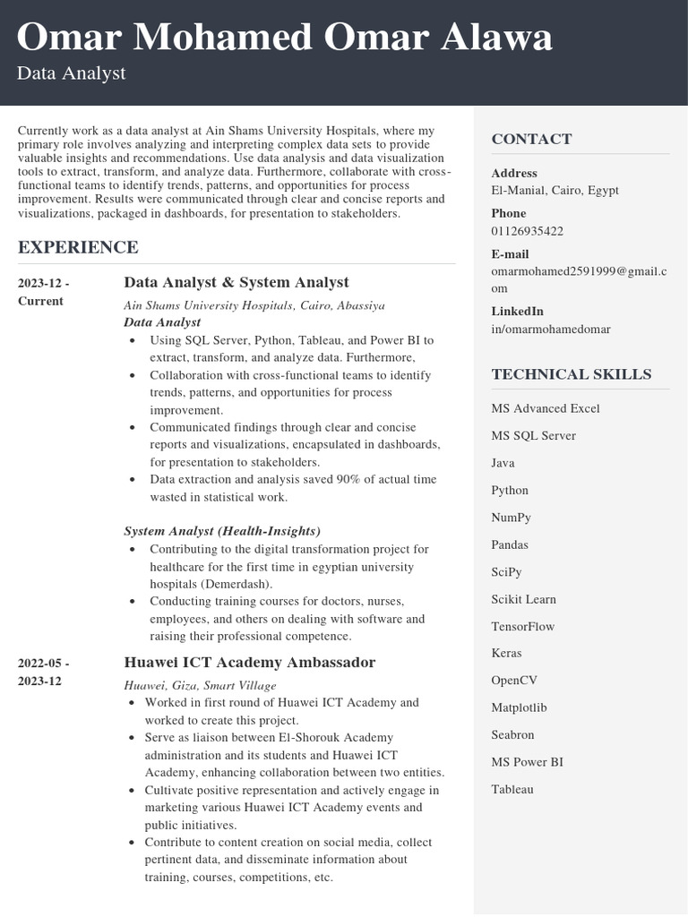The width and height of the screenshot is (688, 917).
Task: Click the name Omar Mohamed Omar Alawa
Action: coord(284,38)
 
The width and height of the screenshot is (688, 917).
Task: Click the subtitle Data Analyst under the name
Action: coord(71,73)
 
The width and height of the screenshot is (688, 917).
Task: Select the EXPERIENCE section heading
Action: coord(78,247)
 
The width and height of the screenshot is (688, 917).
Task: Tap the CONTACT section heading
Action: coord(531,139)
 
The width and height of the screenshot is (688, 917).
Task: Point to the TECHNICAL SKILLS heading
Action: coord(571,374)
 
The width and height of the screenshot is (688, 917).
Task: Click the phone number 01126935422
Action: coord(527,231)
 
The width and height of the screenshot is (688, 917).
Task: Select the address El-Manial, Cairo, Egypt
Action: coord(555,190)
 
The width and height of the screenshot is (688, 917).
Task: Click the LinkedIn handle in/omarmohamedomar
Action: coord(550,329)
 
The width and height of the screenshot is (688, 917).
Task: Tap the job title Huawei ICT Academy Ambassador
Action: coord(249,663)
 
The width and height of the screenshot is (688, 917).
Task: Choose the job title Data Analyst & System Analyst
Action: coord(236,282)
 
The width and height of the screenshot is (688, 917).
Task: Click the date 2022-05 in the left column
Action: coord(43,664)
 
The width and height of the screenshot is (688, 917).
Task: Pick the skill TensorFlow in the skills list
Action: coord(522,626)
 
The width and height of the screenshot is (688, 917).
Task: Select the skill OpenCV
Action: coord(514,681)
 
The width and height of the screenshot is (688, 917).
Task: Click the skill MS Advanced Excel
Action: coord(545,408)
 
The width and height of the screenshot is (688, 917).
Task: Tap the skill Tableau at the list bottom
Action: coord(512,789)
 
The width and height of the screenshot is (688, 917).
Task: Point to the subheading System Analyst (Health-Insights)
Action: coord(221,531)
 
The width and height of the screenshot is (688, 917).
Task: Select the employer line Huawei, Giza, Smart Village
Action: coord(200,685)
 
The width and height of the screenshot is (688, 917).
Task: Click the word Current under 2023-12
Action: coord(40,301)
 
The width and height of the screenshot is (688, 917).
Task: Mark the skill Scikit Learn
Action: coord(523,599)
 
